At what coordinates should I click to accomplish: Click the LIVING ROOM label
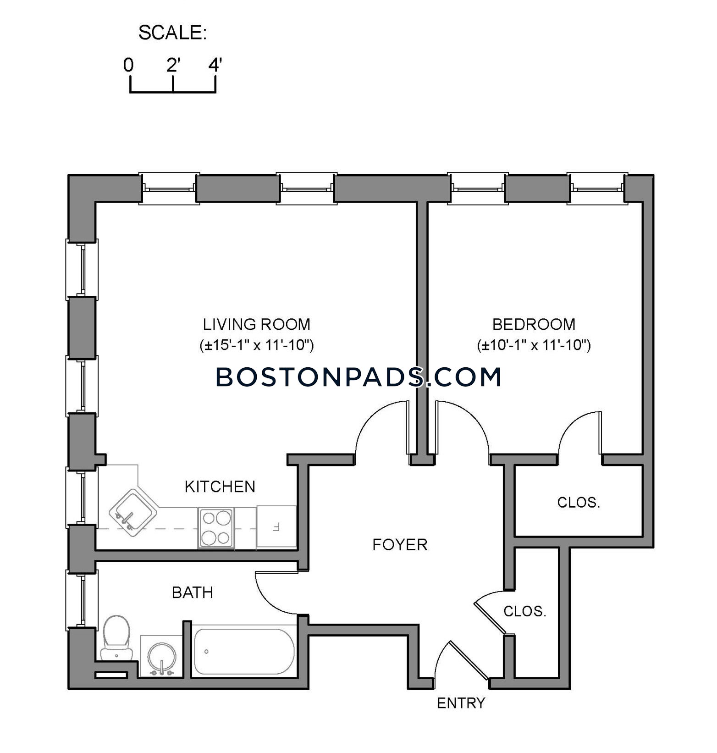point(257,324)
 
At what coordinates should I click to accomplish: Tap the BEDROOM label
point(534,324)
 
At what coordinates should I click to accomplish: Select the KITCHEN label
point(220,487)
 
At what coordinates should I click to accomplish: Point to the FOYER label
point(400,545)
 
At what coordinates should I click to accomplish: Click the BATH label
point(193,592)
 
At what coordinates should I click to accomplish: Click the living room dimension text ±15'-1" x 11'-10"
point(257,345)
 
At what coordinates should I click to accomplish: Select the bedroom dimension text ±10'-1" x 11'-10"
point(534,345)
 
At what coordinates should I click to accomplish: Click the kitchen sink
point(133,512)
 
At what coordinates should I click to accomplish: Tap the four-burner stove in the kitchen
point(216,528)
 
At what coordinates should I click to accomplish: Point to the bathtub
point(243,651)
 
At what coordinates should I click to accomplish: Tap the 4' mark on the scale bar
point(215,65)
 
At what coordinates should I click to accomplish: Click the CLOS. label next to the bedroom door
point(579,503)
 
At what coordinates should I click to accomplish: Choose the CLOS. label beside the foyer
point(525,611)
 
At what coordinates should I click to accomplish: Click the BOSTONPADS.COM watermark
point(358,377)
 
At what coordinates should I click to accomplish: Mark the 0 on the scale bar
point(128,65)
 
